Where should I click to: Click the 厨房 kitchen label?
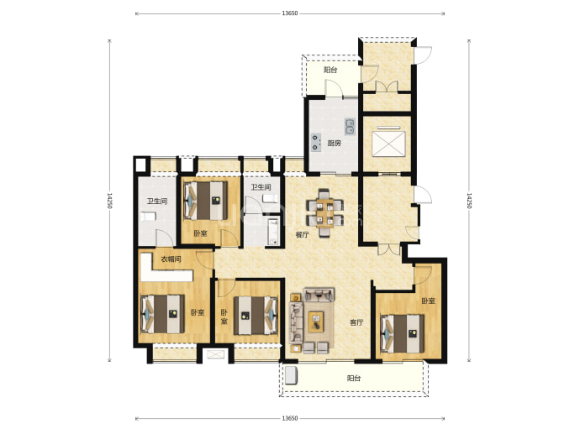point(334,144)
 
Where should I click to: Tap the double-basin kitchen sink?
point(350,126)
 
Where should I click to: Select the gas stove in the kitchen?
point(315,142)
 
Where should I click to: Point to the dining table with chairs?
point(324,213)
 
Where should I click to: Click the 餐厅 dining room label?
point(303,234)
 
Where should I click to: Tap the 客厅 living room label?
point(356,323)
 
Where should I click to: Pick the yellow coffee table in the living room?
point(316,320)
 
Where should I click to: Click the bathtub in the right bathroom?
point(273,232)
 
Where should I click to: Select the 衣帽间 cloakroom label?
point(171,259)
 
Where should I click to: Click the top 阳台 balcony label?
point(330,71)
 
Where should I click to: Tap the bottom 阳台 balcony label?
point(354,379)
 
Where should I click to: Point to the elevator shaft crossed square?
point(387,144)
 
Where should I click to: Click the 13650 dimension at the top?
point(290,13)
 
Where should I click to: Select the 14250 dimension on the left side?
point(109,201)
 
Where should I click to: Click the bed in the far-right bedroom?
point(403,333)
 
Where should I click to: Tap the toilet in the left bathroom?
point(148,217)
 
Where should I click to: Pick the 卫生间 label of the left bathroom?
point(157,201)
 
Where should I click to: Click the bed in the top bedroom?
point(206,201)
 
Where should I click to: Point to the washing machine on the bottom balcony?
point(291,375)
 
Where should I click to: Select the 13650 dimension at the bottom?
point(290,419)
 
